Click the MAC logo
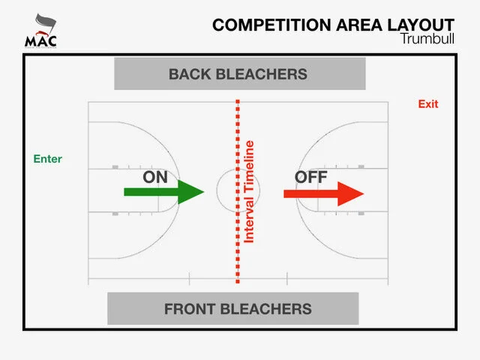[40, 30]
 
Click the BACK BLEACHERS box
[238, 73]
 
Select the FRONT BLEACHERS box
[234, 308]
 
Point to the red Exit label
[428, 104]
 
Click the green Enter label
[48, 159]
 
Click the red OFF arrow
[323, 193]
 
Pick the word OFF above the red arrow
[311, 177]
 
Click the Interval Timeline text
[250, 192]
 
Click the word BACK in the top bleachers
[191, 73]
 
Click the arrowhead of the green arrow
[191, 193]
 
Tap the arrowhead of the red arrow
[349, 193]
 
